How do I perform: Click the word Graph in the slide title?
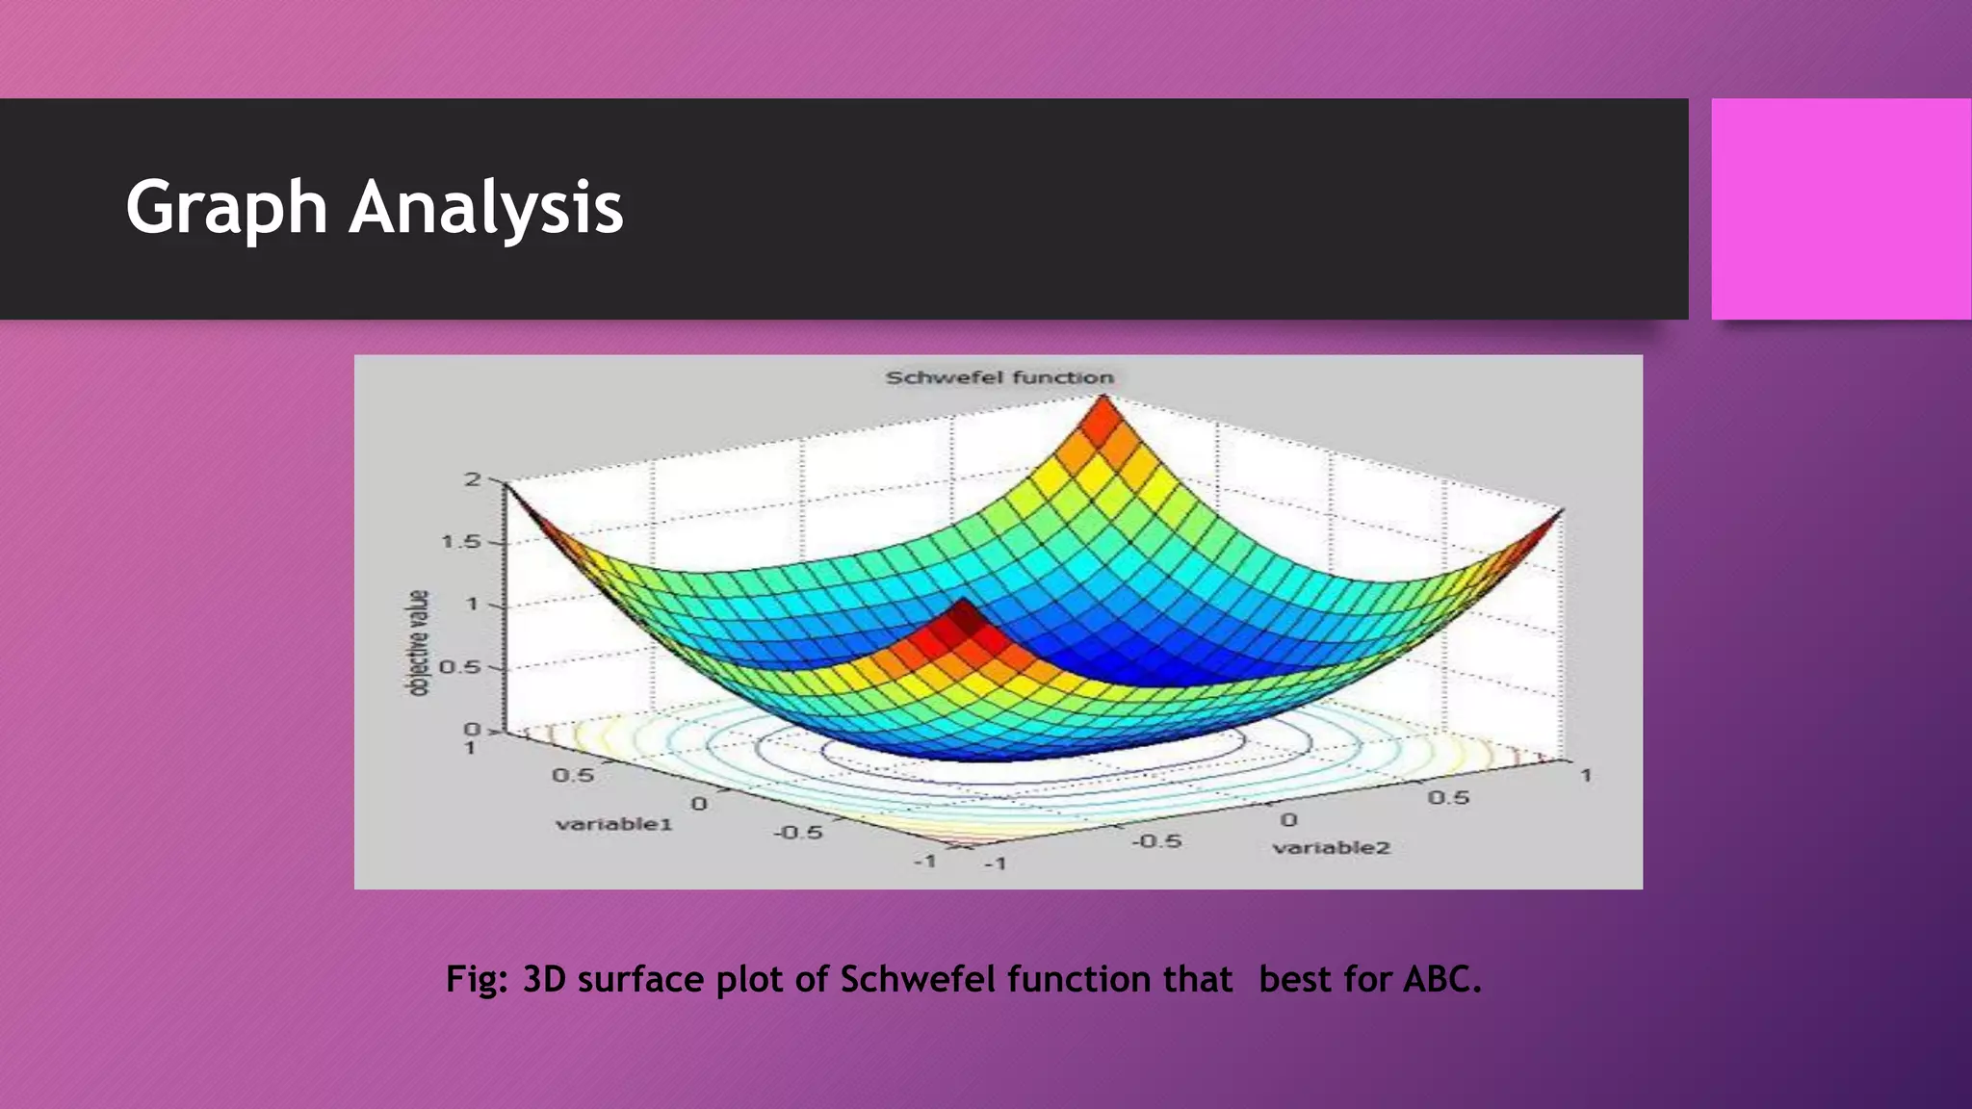pos(227,208)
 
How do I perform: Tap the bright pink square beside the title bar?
pos(1840,209)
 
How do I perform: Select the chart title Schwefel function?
pos(999,377)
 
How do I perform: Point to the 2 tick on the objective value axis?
pos(472,478)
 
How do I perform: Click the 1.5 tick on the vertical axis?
pos(460,542)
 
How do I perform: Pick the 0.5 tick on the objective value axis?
pos(460,667)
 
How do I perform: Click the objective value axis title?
pos(418,643)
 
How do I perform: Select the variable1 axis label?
pos(613,824)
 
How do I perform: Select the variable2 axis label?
pos(1332,848)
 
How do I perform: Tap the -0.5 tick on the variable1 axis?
pos(798,832)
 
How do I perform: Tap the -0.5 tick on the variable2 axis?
pos(1155,840)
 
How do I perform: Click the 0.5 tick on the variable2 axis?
pos(1448,797)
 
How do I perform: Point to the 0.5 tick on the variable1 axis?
pos(573,775)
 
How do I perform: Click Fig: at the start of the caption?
pos(477,979)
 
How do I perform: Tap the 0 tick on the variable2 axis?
pos(1288,819)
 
